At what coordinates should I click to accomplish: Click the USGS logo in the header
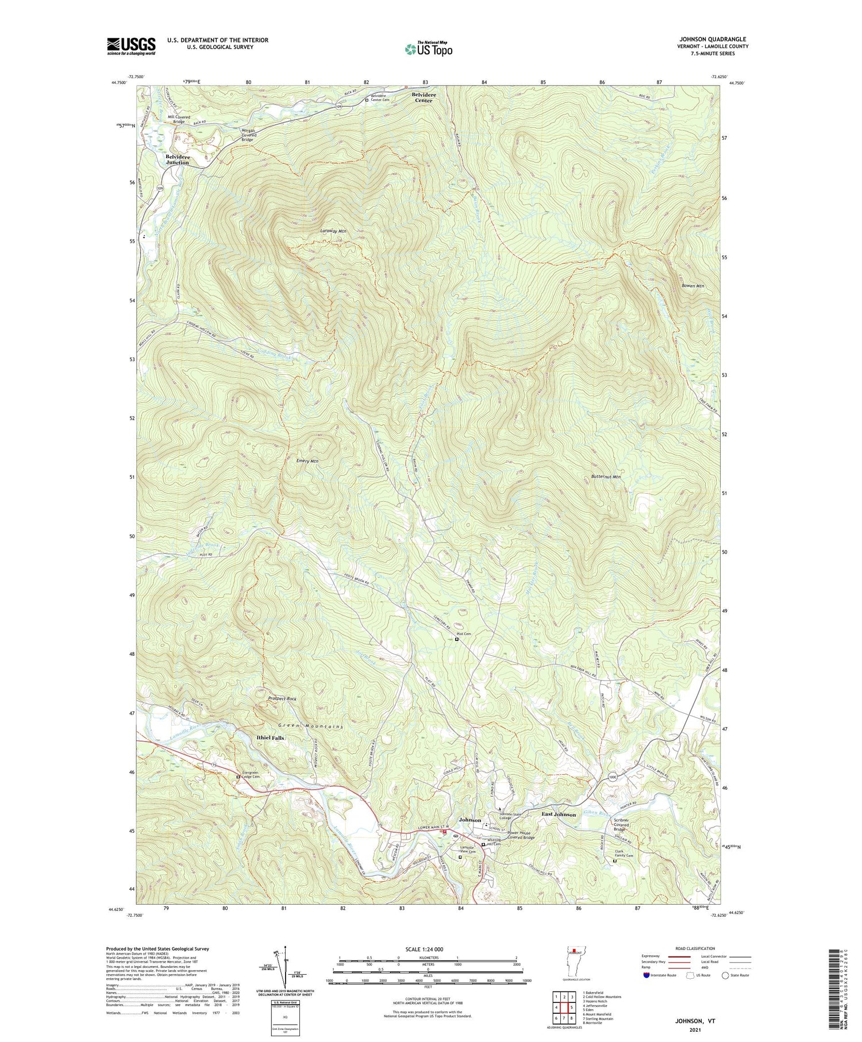pyautogui.click(x=131, y=46)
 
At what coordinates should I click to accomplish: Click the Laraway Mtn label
pyautogui.click(x=333, y=231)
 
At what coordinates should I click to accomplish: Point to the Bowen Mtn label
pyautogui.click(x=692, y=286)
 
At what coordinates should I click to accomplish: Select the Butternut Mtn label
pyautogui.click(x=606, y=476)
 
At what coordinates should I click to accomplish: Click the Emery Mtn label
pyautogui.click(x=307, y=461)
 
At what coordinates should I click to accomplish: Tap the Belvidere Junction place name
pyautogui.click(x=177, y=159)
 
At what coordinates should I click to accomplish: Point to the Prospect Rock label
pyautogui.click(x=282, y=698)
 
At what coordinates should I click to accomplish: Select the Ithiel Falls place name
pyautogui.click(x=270, y=737)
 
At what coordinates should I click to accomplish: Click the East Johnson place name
pyautogui.click(x=559, y=814)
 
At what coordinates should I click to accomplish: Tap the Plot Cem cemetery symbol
pyautogui.click(x=457, y=639)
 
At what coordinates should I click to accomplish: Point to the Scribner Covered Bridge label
pyautogui.click(x=626, y=825)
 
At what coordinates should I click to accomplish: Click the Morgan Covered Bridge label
pyautogui.click(x=248, y=135)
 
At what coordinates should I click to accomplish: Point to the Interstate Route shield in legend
pyautogui.click(x=646, y=975)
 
